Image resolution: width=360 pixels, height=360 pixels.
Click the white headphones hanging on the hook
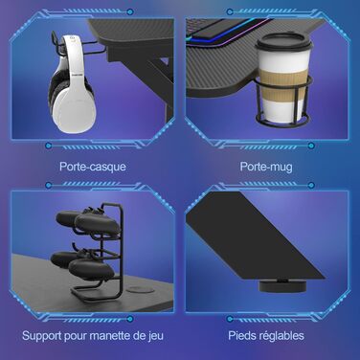(73, 84)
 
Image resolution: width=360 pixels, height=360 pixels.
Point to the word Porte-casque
(93, 167)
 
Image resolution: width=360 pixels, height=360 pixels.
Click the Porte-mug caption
(266, 167)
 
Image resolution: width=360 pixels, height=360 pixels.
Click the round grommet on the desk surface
(137, 290)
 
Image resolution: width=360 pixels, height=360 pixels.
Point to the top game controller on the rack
(88, 220)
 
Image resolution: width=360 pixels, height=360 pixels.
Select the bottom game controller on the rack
(83, 263)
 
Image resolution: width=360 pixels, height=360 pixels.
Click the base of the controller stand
(96, 293)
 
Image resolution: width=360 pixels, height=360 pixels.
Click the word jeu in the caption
(156, 336)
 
